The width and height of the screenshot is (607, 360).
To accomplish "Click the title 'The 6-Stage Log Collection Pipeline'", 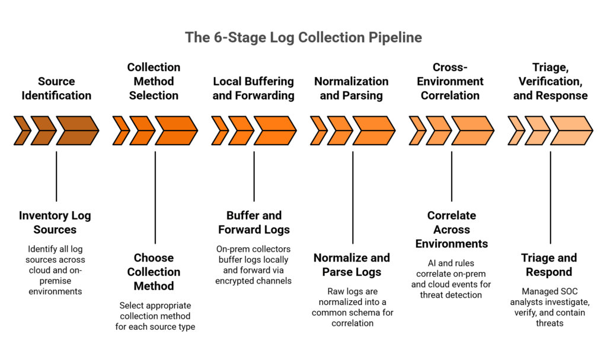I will [x=303, y=37].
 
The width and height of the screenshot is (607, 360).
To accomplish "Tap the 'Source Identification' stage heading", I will [x=56, y=88].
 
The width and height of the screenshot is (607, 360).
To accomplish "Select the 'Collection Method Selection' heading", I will [x=154, y=81].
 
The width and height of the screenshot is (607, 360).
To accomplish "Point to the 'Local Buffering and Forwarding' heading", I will [x=254, y=88].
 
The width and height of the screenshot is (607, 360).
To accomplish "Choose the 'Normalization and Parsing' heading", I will [x=352, y=88].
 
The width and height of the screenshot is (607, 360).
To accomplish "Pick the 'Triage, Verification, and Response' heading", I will [x=551, y=81].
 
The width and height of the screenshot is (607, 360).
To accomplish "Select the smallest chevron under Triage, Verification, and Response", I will [x=515, y=131].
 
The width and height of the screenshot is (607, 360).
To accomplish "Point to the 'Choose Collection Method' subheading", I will [x=154, y=272].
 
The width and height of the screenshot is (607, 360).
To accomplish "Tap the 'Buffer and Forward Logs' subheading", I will [x=254, y=222].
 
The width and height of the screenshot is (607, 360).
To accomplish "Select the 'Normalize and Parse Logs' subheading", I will [x=352, y=265].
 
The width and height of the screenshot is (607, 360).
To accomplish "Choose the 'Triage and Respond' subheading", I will [x=551, y=265].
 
